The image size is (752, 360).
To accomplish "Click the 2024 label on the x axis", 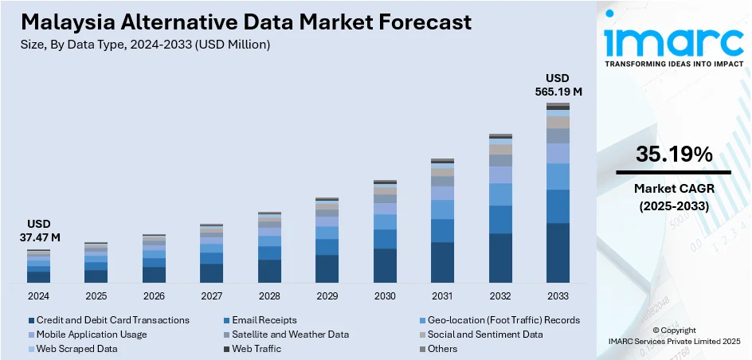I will pos(38,295).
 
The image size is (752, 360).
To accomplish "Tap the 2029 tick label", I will pos(327,295).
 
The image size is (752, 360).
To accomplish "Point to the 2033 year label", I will pos(558,295).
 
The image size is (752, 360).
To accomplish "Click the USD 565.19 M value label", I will pos(558,84).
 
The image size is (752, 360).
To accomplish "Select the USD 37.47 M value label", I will pos(38,231).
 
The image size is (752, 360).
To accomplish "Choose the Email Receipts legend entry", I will pos(264,320).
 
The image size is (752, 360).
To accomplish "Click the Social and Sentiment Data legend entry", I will pos(483,335).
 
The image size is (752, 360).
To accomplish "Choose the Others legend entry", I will pos(442,349).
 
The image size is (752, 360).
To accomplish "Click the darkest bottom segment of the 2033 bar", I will pos(558,252).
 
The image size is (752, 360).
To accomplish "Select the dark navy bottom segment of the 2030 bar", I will pos(385,265).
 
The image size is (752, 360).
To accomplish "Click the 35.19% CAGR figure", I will pos(673,155).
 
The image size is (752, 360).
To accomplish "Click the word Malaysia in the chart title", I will pos(57,22).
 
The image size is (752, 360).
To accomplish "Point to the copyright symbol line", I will pos(673,330).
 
